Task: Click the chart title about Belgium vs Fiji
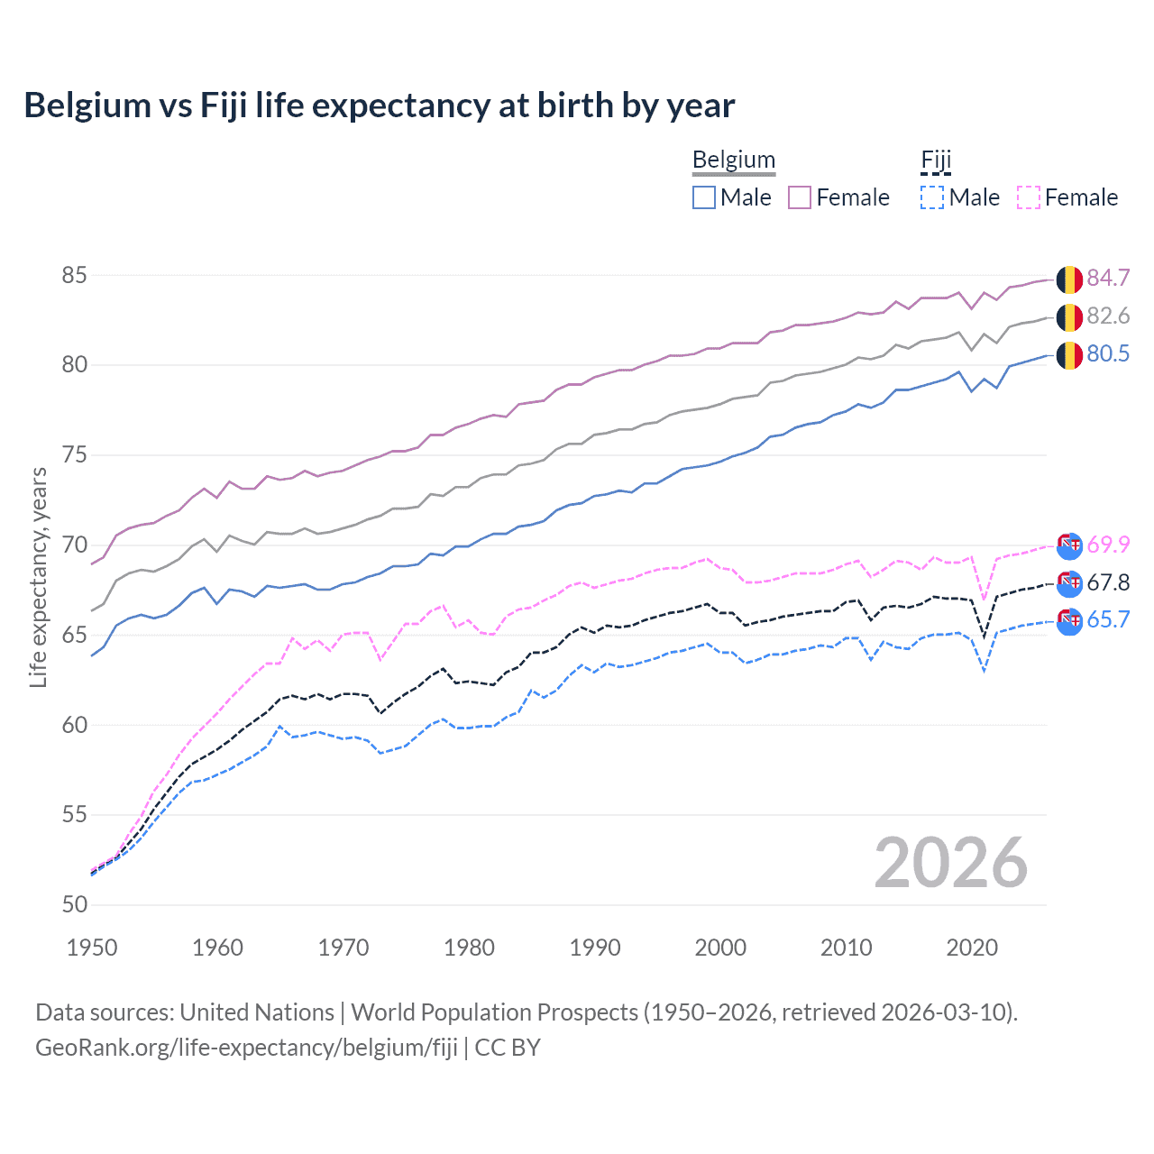(x=379, y=105)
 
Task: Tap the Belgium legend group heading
(x=733, y=160)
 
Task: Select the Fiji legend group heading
(x=936, y=160)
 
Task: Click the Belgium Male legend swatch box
(x=704, y=197)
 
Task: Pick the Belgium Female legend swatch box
(x=800, y=197)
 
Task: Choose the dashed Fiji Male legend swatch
(x=932, y=197)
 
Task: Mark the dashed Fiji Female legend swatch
(x=1028, y=197)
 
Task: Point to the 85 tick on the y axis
(x=74, y=275)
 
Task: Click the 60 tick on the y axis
(x=74, y=725)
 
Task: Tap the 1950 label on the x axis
(x=92, y=948)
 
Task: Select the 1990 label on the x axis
(x=595, y=948)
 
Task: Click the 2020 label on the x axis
(x=972, y=948)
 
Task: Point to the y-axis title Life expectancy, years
(x=39, y=577)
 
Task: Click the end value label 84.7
(x=1108, y=278)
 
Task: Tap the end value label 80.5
(x=1108, y=353)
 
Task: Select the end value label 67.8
(x=1108, y=582)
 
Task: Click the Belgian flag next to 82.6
(x=1069, y=317)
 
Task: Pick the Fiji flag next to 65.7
(x=1069, y=621)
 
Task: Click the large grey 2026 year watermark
(x=950, y=863)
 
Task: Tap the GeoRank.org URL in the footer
(x=246, y=1048)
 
